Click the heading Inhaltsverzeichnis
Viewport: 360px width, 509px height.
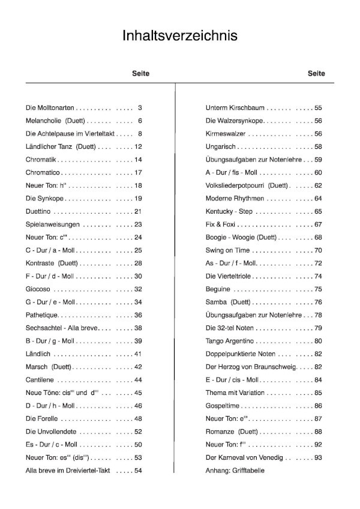[179, 35]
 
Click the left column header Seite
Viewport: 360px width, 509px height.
[140, 73]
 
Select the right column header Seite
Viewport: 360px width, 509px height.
[316, 73]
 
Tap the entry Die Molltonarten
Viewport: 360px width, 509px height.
[50, 108]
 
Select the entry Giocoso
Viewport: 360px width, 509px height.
[38, 289]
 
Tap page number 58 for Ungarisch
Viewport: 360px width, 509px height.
[318, 147]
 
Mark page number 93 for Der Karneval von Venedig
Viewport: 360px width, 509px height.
[318, 458]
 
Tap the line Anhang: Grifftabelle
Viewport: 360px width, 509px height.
[235, 471]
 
